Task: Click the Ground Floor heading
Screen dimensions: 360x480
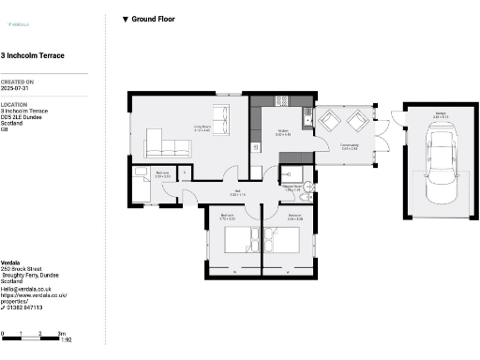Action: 153,19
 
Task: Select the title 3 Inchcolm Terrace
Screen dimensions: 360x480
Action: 33,56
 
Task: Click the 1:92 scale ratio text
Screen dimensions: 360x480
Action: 66,339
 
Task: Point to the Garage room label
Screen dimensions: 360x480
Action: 439,115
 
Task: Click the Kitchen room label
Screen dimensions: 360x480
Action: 282,134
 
